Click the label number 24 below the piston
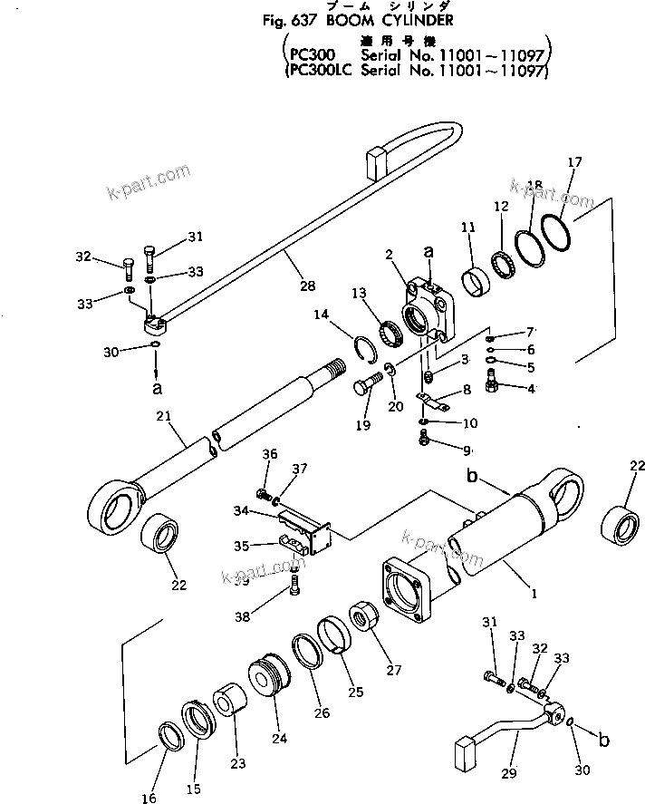point(278,738)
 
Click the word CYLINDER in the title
point(408,19)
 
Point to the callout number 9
point(467,450)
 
